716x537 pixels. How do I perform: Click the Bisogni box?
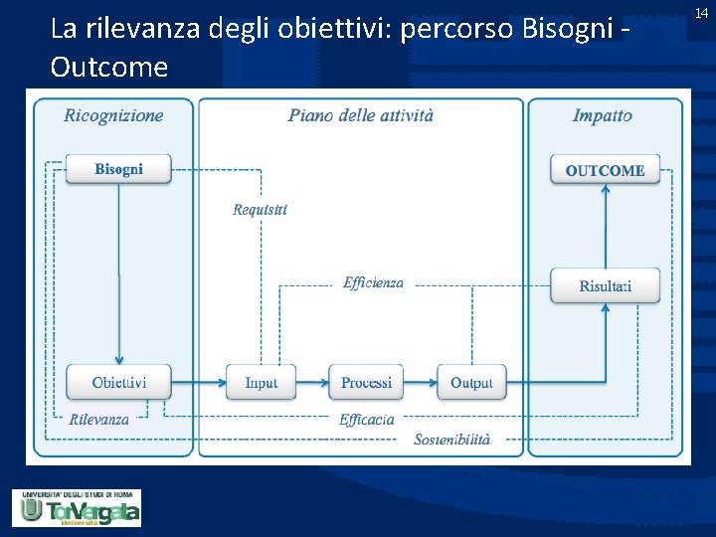118,169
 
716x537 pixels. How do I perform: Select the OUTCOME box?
605,170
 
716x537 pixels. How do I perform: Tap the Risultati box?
605,286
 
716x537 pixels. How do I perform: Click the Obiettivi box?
118,382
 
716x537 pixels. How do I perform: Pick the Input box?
261,382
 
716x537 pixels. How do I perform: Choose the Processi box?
366,382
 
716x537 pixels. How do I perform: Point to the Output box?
471,382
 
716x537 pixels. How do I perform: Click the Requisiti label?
260,209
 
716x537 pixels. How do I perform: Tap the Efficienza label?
373,283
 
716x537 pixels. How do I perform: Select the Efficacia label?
366,420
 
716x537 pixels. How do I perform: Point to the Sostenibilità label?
452,439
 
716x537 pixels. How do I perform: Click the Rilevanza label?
98,420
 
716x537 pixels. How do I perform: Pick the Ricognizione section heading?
113,115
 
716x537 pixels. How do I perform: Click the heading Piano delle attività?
361,115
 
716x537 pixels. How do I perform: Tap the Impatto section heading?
602,115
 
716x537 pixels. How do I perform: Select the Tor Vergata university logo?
77,507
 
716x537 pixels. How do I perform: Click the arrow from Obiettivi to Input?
198,382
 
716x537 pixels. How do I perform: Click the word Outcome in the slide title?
108,68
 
